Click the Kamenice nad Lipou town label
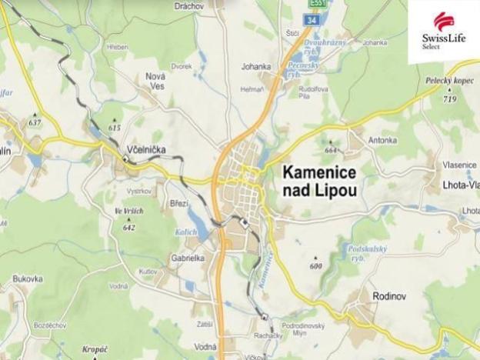point(320,182)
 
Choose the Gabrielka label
point(188,258)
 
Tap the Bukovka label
point(27,278)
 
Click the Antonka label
point(382,140)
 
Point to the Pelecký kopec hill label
point(448,81)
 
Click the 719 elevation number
point(449,100)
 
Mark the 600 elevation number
point(315,266)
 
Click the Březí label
point(178,203)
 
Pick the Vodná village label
point(205,347)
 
